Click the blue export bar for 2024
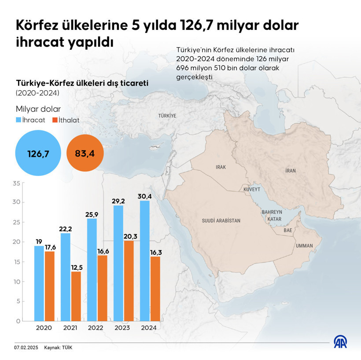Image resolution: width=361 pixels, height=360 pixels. click(144, 261)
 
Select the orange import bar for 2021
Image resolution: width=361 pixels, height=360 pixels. click(76, 296)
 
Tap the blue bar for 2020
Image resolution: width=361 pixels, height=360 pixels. click(39, 283)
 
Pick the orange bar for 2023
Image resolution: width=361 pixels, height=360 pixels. click(129, 280)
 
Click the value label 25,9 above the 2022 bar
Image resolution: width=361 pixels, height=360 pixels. click(92, 214)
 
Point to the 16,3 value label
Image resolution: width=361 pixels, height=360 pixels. click(155, 252)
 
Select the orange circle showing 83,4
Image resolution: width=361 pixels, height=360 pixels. click(85, 154)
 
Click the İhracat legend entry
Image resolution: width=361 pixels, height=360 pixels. click(31, 120)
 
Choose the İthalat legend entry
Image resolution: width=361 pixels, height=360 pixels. click(66, 120)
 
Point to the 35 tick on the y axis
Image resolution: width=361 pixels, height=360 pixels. click(17, 183)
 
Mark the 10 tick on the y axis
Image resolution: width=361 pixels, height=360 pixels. click(17, 282)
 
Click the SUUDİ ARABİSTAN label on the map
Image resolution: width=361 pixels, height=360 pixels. click(221, 220)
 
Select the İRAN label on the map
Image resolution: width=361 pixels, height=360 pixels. click(290, 171)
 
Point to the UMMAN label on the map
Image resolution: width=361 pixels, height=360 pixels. click(304, 246)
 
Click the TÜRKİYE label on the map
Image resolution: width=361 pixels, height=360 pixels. click(167, 115)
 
